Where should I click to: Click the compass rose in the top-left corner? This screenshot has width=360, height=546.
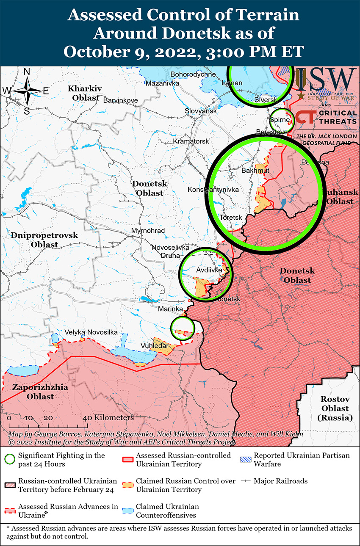[26, 91]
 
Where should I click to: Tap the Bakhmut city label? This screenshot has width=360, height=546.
[255, 171]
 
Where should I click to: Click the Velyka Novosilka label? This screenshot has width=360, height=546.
[91, 332]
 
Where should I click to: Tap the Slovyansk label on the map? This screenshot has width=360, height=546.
[200, 111]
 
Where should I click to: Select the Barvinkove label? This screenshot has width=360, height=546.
[119, 100]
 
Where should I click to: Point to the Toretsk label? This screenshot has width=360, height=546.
[231, 217]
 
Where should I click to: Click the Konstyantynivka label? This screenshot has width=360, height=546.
[213, 190]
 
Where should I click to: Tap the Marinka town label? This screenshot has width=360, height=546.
[170, 309]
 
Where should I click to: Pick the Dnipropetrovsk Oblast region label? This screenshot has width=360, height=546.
[44, 240]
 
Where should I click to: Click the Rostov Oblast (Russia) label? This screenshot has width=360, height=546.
[335, 408]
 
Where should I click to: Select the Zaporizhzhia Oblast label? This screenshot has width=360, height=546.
[33, 392]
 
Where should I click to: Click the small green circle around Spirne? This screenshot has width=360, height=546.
[282, 120]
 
